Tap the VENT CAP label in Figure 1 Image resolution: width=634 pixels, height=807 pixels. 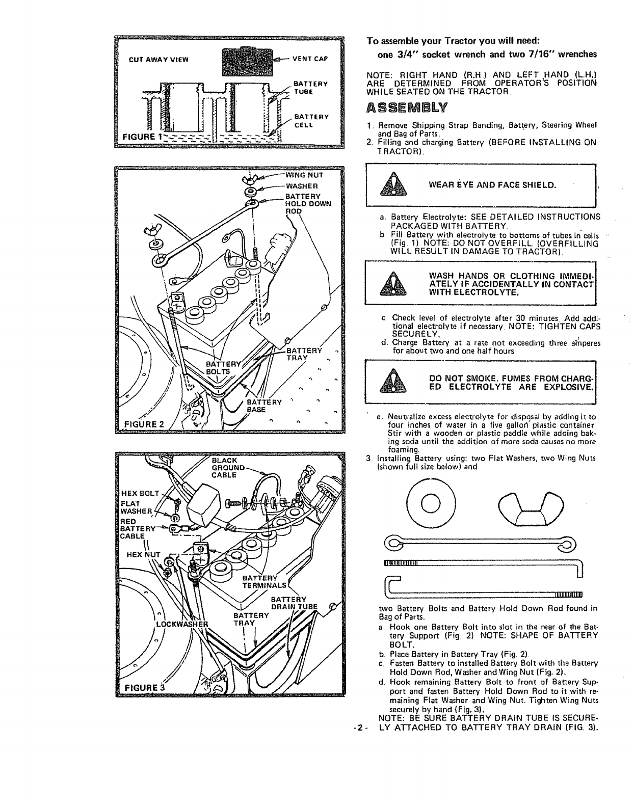click(308, 58)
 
